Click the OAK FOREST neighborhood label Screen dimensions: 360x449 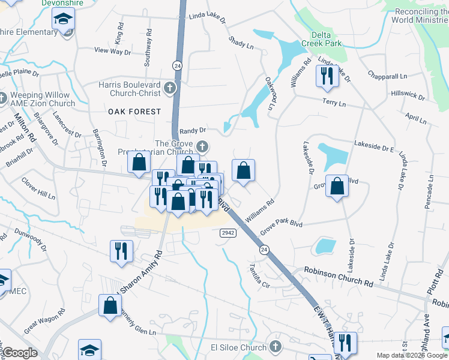(135, 112)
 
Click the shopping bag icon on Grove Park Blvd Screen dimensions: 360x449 (337, 186)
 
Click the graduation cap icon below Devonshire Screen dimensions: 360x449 (63, 20)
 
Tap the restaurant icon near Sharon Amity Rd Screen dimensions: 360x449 (121, 251)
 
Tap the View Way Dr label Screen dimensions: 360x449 (112, 52)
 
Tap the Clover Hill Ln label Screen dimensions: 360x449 (38, 187)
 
